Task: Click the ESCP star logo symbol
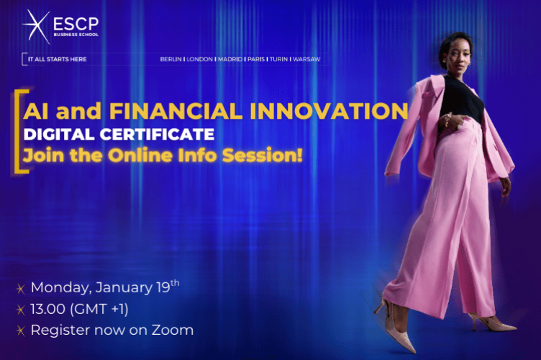tap(35, 27)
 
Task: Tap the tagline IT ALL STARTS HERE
tap(56, 59)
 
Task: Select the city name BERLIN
tap(171, 59)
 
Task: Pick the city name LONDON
tap(199, 59)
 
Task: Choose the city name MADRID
tap(229, 59)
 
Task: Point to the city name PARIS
tap(255, 59)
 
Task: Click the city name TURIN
tap(278, 59)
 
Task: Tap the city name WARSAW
tap(306, 59)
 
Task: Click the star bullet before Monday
tap(20, 289)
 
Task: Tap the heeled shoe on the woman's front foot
tap(392, 328)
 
